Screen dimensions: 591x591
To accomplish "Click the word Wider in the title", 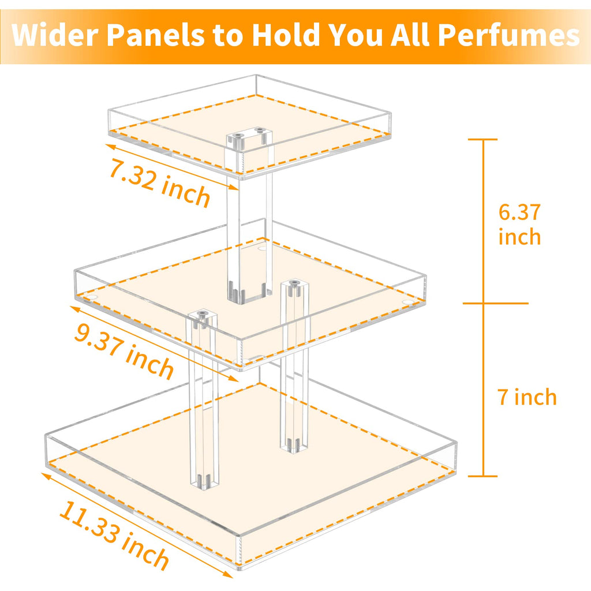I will [x=56, y=36].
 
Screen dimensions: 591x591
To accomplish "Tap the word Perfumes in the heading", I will [x=508, y=36].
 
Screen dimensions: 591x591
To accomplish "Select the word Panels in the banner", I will [x=156, y=36].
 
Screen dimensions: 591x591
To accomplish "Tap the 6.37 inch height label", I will [x=519, y=225].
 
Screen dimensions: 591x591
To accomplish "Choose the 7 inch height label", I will [x=527, y=397].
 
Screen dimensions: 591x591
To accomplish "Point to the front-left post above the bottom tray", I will [x=204, y=404].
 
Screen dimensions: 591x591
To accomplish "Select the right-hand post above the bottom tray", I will [x=294, y=369].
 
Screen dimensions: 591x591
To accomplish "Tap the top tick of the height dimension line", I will [x=482, y=139].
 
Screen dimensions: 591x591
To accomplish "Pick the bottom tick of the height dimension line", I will [x=482, y=476].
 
